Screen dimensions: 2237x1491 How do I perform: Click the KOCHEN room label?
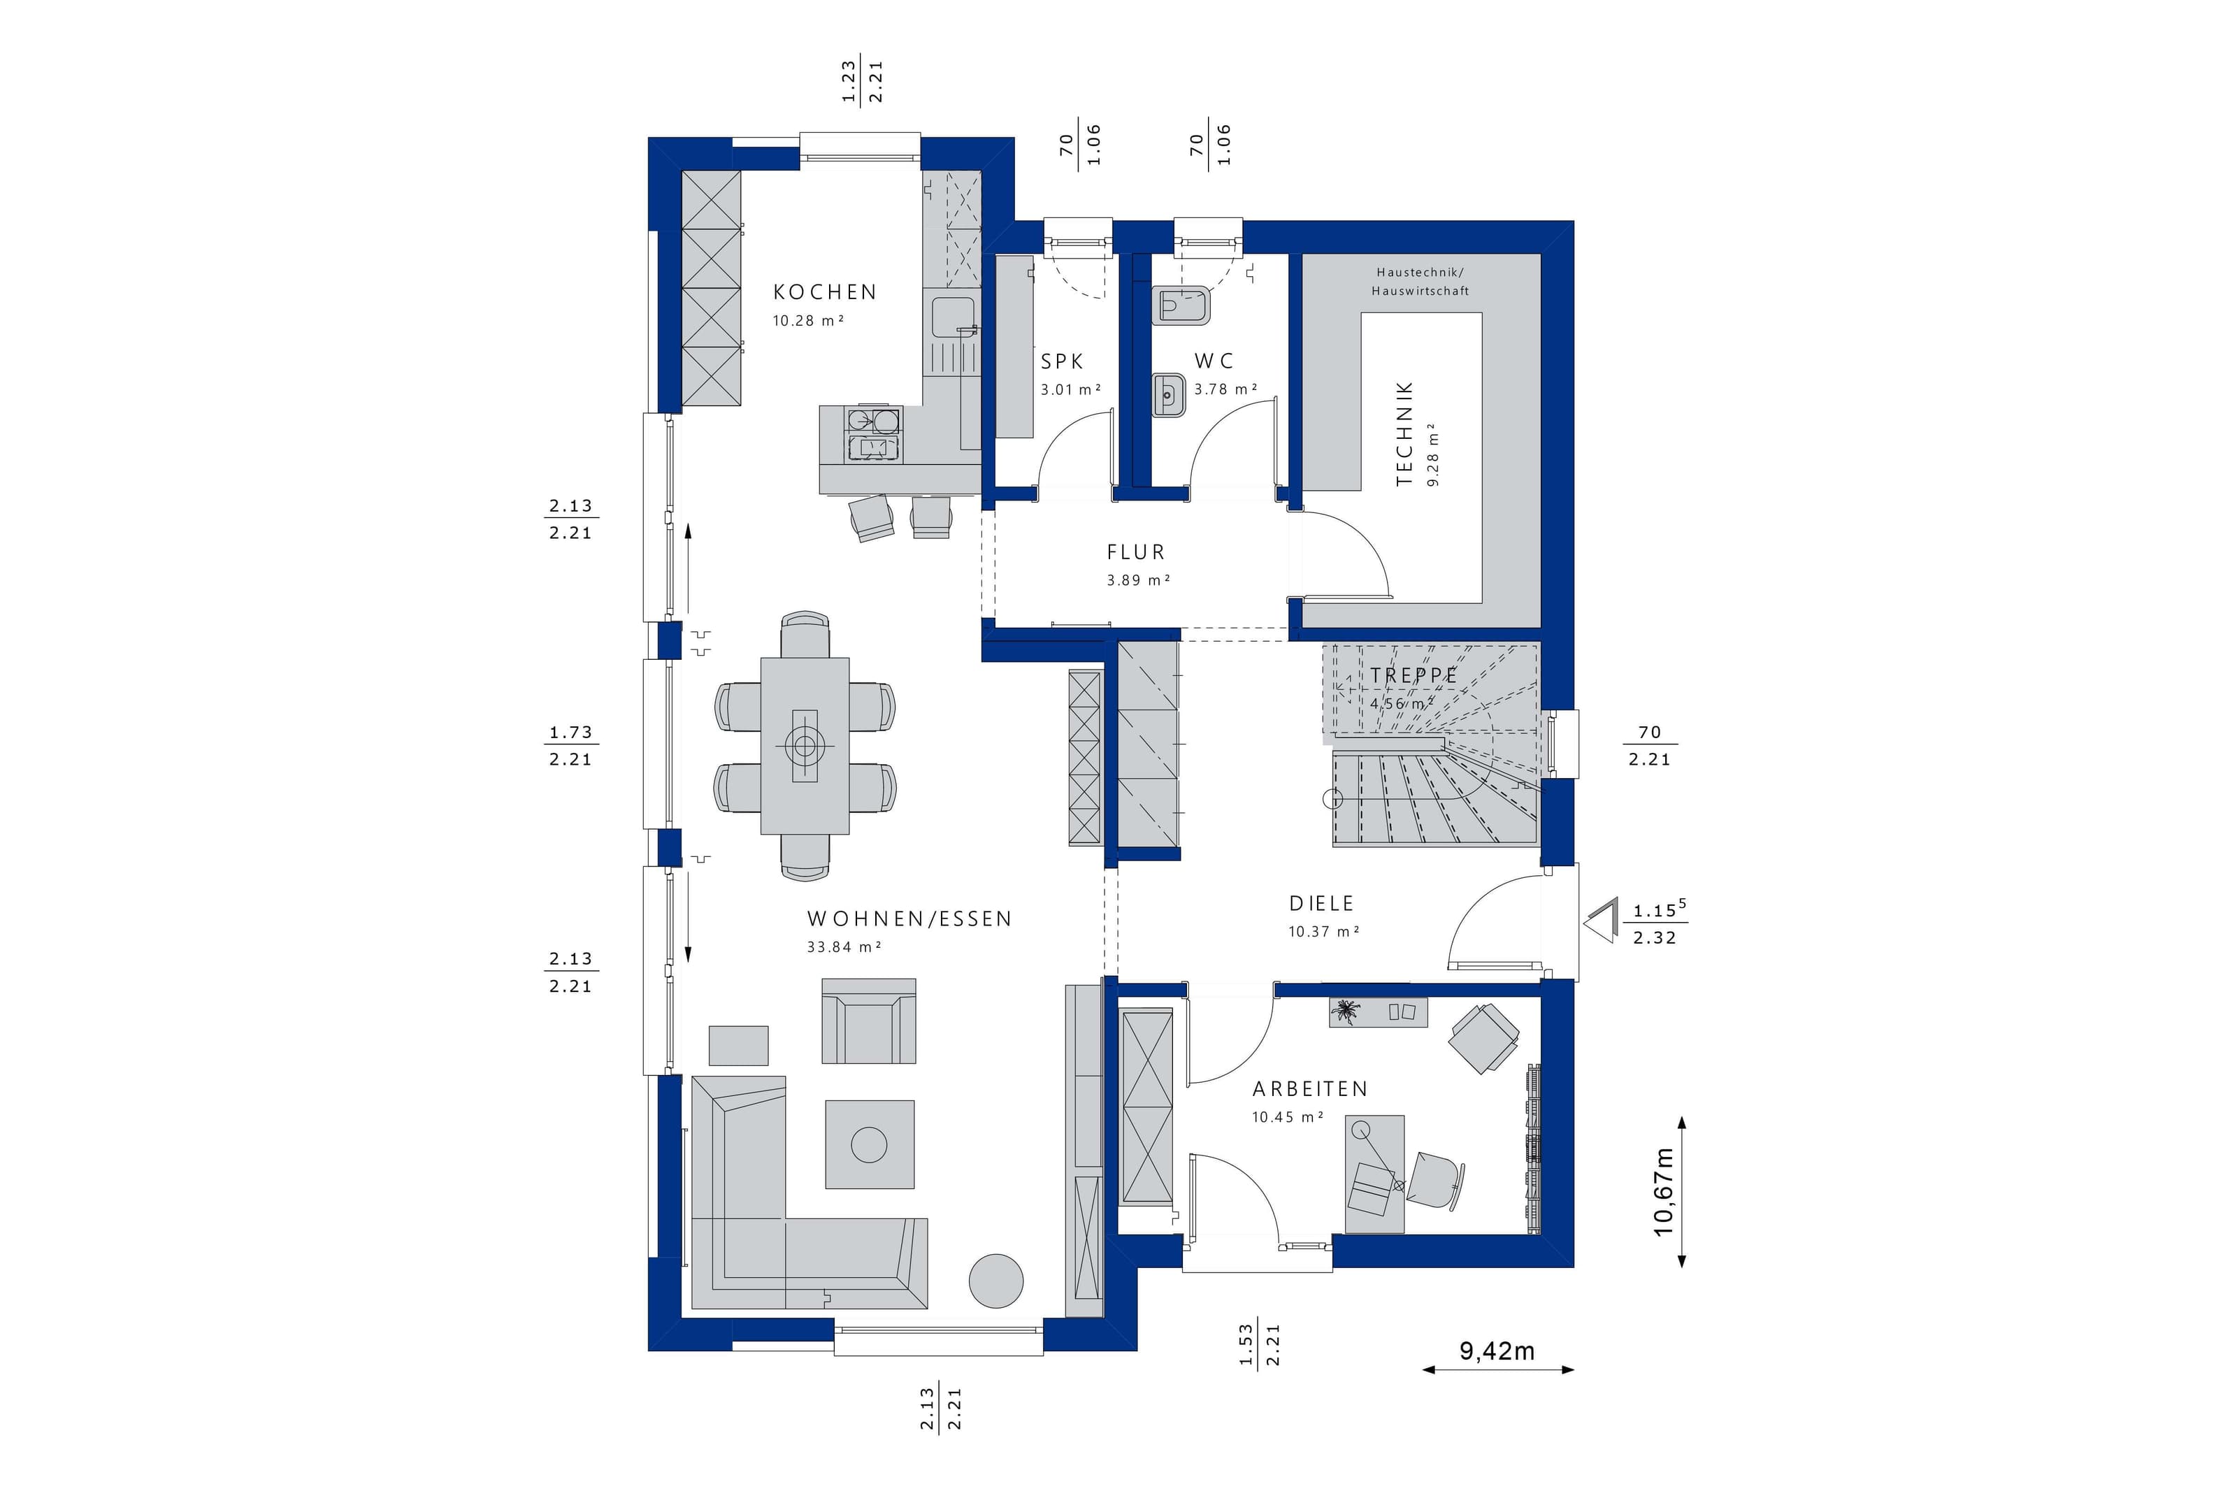tap(824, 292)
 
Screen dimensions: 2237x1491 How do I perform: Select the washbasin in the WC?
tap(1168, 396)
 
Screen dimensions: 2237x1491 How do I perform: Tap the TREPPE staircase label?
tap(1413, 675)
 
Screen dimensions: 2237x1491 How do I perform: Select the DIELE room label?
tap(1321, 903)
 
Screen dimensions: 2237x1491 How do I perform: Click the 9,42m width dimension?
tap(1497, 1351)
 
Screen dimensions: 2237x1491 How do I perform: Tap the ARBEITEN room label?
tap(1310, 1089)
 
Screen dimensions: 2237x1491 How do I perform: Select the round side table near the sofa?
tap(996, 1281)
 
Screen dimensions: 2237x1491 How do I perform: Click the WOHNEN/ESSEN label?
tap(909, 919)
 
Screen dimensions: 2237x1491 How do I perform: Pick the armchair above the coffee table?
tap(869, 1021)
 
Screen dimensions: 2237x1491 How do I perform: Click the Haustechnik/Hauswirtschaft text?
tap(1420, 282)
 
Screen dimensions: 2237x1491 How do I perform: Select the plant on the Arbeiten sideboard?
tap(1346, 1011)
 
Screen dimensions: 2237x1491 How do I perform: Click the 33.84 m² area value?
tap(843, 947)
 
